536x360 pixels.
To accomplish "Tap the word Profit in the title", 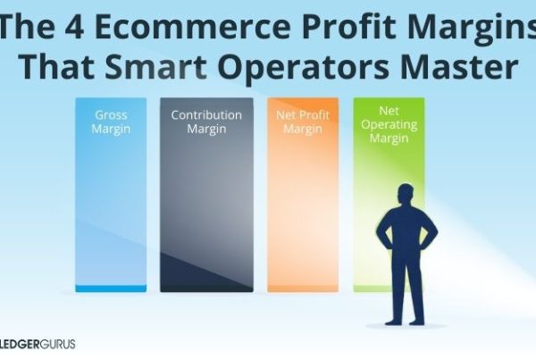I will (339, 24).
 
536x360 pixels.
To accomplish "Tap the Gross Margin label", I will (110, 121).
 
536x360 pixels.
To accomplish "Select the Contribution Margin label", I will (206, 121).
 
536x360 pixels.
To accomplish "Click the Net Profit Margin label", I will (302, 121).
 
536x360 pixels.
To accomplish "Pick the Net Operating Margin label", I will (388, 124).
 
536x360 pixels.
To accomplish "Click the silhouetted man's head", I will (406, 195).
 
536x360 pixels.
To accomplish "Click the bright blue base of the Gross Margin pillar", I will (110, 289).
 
